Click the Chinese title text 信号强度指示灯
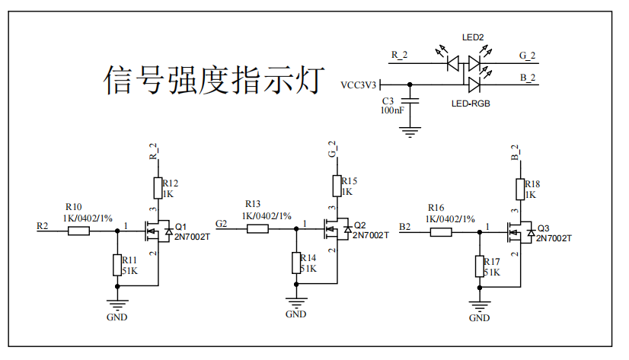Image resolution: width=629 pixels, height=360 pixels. [x=214, y=80]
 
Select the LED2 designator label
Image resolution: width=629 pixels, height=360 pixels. [x=473, y=38]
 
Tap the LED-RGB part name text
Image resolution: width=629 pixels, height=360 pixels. [x=471, y=104]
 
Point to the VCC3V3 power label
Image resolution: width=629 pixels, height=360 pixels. [x=358, y=85]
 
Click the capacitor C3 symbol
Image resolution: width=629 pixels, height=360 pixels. [x=410, y=100]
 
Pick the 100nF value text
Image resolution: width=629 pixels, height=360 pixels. [x=392, y=110]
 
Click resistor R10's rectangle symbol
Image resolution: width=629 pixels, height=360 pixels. [x=78, y=231]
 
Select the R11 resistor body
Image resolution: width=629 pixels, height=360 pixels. [x=117, y=265]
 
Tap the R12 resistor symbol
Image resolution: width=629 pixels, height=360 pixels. [x=158, y=188]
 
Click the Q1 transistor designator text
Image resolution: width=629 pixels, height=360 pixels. [x=181, y=227]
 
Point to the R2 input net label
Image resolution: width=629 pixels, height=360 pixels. [x=42, y=226]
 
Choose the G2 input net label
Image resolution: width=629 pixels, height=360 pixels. [x=221, y=223]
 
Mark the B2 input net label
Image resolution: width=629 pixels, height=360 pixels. [x=405, y=227]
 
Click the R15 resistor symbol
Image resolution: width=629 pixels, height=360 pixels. [x=337, y=186]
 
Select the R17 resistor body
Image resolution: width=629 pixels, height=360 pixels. [x=480, y=266]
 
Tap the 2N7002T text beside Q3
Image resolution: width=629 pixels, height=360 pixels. [x=554, y=238]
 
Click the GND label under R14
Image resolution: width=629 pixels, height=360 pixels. [x=296, y=314]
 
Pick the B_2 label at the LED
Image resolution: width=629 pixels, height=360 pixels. [x=528, y=78]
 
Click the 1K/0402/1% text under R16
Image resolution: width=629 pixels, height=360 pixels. [x=450, y=219]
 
